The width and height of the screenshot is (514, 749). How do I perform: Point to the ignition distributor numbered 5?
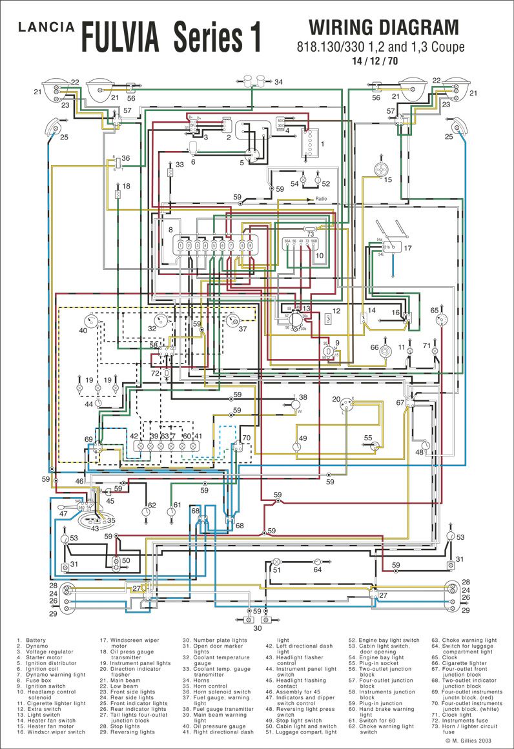252,155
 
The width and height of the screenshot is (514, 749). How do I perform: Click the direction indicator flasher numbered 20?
347,405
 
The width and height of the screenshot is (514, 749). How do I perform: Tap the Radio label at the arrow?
321,200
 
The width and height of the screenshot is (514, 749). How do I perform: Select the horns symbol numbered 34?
254,82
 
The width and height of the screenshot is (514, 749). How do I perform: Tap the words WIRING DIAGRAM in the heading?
384,28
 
